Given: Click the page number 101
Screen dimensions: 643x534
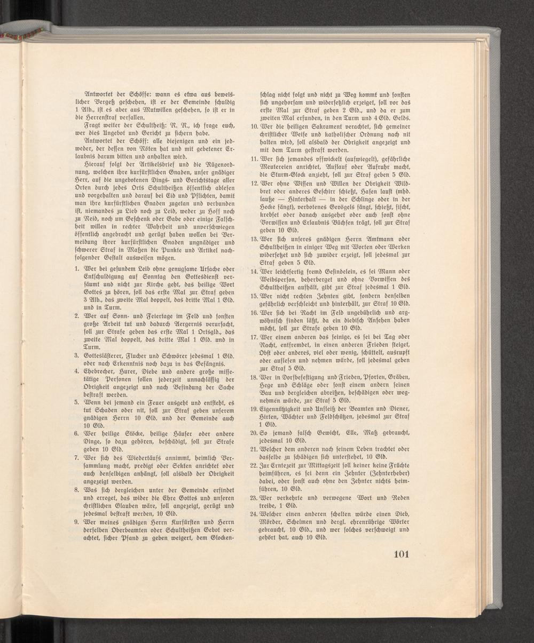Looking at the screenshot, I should pyautogui.click(x=400, y=553).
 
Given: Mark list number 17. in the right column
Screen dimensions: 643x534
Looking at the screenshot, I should pyautogui.click(x=255, y=338).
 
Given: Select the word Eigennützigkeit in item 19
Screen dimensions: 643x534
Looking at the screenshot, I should pyautogui.click(x=285, y=408).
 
